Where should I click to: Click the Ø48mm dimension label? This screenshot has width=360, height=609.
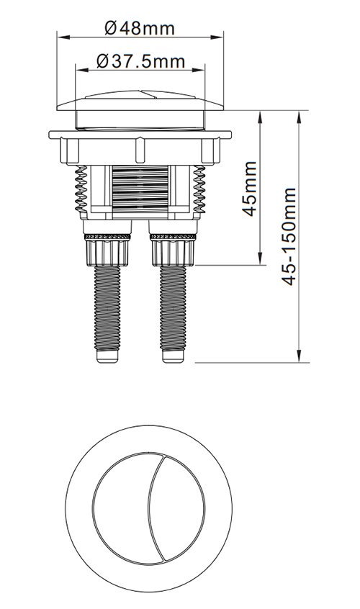140,28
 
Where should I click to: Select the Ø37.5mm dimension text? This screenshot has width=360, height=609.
140,61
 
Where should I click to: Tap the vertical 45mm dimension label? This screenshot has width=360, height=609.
250,189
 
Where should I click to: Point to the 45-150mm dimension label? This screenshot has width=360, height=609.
289,237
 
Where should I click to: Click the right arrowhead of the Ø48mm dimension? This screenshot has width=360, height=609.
217,37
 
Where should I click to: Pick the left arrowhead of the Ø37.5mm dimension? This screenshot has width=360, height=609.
81,71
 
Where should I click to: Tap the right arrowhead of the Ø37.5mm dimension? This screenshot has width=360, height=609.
199,71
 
